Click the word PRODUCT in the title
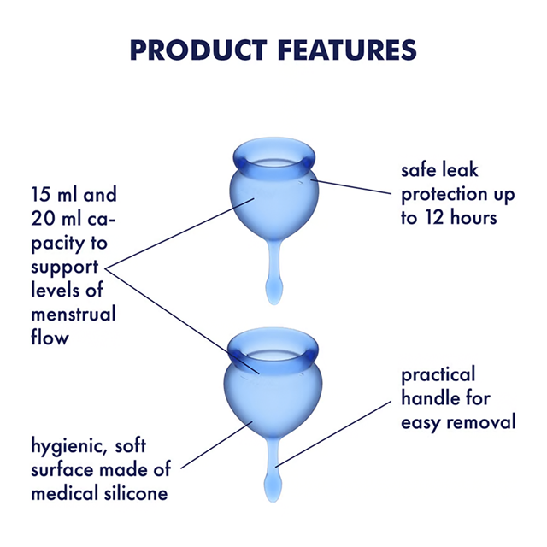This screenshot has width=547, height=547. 194,49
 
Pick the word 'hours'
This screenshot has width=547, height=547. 475,217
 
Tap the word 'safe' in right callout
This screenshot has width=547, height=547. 421,170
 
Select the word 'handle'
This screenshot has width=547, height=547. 431,398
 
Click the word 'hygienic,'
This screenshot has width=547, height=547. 68,446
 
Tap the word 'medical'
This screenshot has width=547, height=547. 65,493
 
